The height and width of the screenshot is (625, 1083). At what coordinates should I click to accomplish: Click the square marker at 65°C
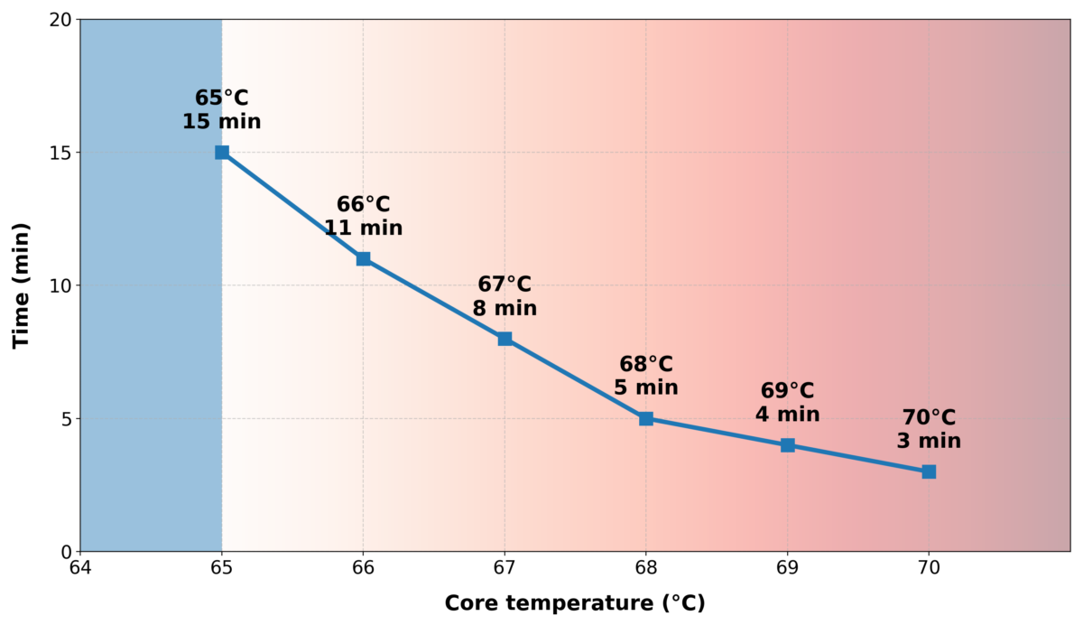tap(222, 152)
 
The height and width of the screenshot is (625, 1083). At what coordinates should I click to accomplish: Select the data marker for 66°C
tap(363, 258)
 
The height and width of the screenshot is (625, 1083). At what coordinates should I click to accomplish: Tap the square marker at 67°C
tap(504, 339)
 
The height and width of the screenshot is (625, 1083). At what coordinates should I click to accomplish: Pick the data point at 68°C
tap(646, 418)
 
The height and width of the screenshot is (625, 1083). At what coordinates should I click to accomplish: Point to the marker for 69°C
tap(788, 445)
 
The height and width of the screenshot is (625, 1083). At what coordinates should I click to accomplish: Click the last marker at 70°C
tap(929, 471)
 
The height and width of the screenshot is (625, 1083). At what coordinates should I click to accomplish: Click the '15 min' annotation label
tap(222, 121)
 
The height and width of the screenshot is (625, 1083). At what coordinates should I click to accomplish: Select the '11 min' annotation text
tap(363, 228)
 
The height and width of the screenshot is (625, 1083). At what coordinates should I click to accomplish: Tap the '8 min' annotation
tap(504, 308)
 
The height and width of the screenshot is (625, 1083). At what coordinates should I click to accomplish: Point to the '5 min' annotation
tap(646, 387)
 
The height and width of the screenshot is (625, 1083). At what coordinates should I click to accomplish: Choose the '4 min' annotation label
tap(788, 415)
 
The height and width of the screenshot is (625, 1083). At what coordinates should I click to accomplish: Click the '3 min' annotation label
tap(929, 441)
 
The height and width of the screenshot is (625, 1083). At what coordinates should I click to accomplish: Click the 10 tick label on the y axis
tap(61, 285)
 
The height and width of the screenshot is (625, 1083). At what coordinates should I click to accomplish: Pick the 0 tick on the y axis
tap(66, 551)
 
